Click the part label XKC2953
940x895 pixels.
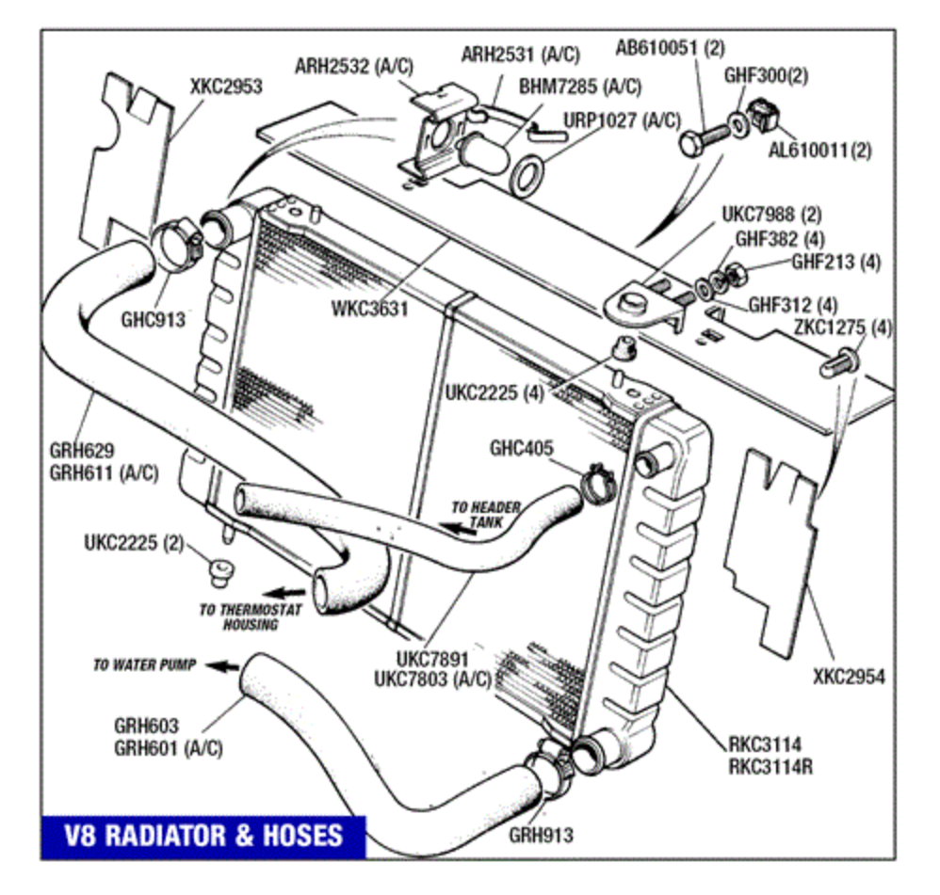(226, 87)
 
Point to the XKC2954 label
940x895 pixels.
(849, 676)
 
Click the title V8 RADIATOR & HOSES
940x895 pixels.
(203, 835)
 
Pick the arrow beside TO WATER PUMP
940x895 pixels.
(221, 665)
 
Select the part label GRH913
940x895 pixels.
(541, 834)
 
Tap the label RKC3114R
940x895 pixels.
(770, 766)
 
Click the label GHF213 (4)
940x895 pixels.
(835, 263)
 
